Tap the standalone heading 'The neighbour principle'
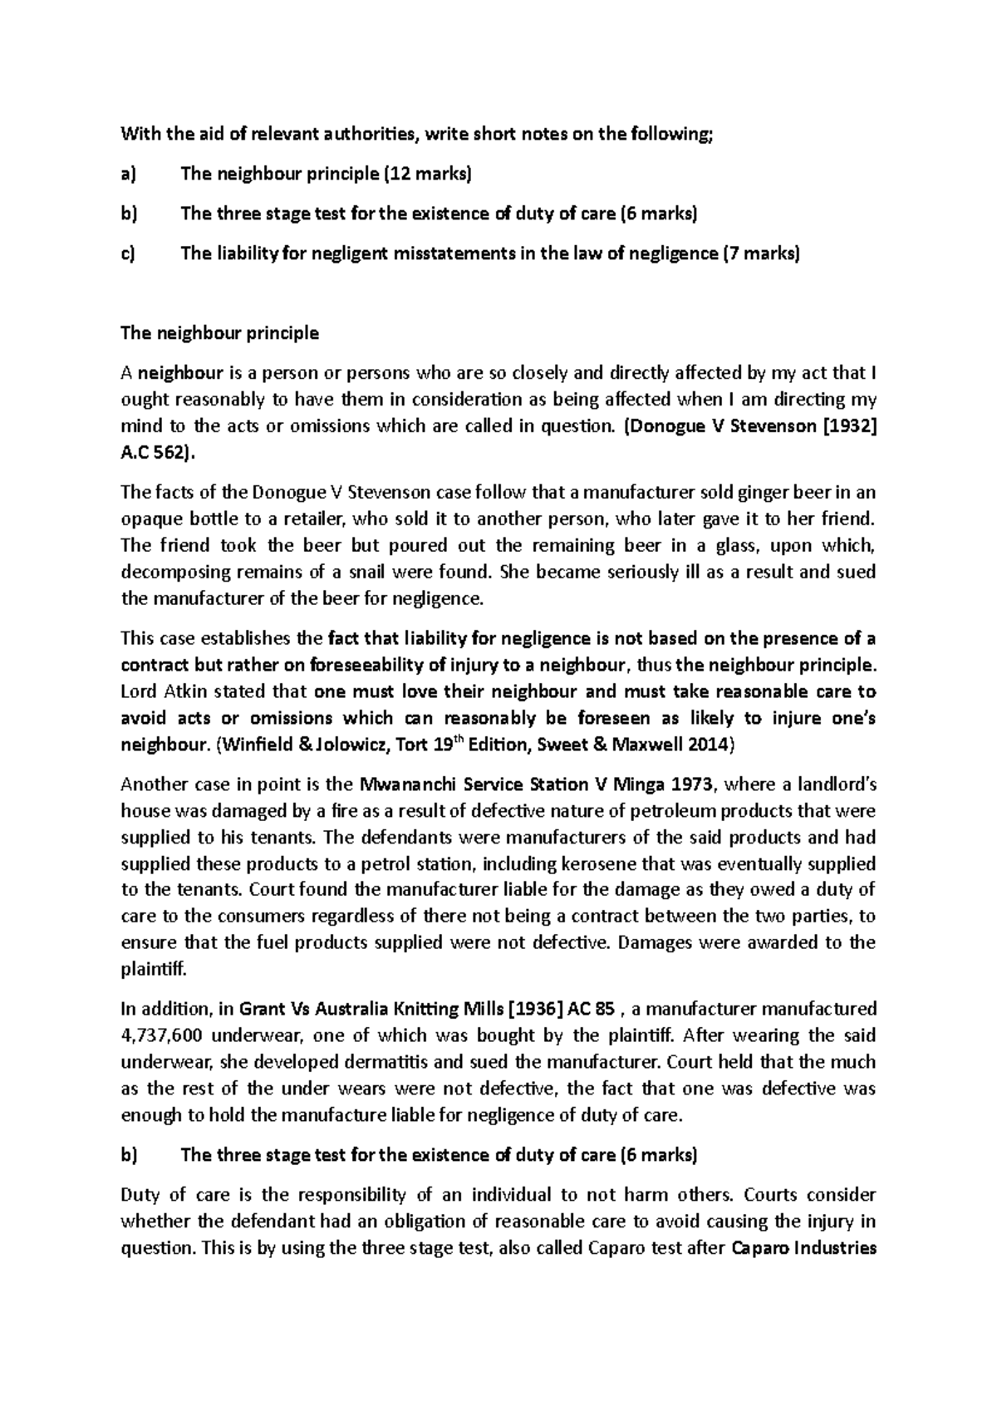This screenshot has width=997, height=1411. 219,333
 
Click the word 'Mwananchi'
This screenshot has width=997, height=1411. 405,784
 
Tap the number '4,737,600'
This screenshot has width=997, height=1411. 162,1036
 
